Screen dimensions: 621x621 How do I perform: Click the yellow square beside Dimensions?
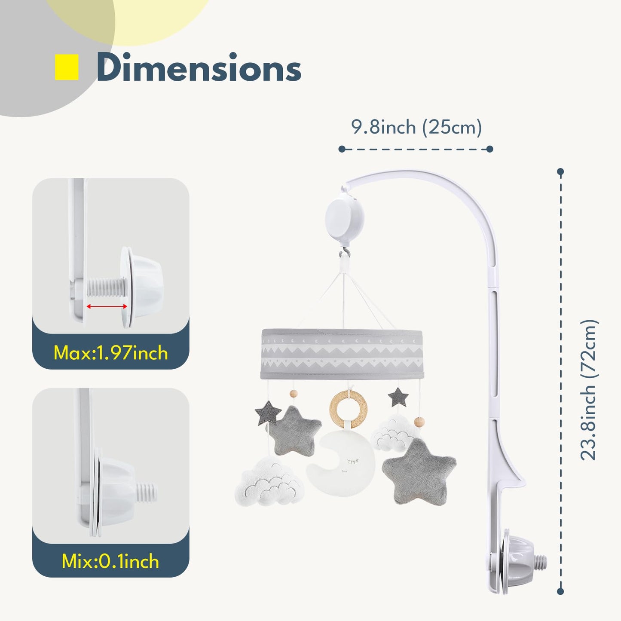(x=67, y=67)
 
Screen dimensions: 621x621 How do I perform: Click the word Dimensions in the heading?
(x=199, y=67)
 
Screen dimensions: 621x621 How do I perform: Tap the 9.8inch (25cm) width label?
(x=416, y=127)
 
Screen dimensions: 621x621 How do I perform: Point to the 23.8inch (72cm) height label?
(x=589, y=390)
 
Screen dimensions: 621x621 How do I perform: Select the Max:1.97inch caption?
(x=111, y=353)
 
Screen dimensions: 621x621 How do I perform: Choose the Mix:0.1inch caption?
(x=110, y=562)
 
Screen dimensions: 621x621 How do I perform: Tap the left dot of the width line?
(x=342, y=149)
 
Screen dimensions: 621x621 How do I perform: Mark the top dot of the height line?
(x=560, y=172)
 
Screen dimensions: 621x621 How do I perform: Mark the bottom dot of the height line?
(x=560, y=591)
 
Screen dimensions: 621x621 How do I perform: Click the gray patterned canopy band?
(x=342, y=354)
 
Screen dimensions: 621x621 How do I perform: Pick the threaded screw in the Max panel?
(x=106, y=288)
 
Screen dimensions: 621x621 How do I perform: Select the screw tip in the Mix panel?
(x=147, y=493)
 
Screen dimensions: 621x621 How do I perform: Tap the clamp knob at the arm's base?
(x=517, y=560)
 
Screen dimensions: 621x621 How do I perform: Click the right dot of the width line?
(x=490, y=149)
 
